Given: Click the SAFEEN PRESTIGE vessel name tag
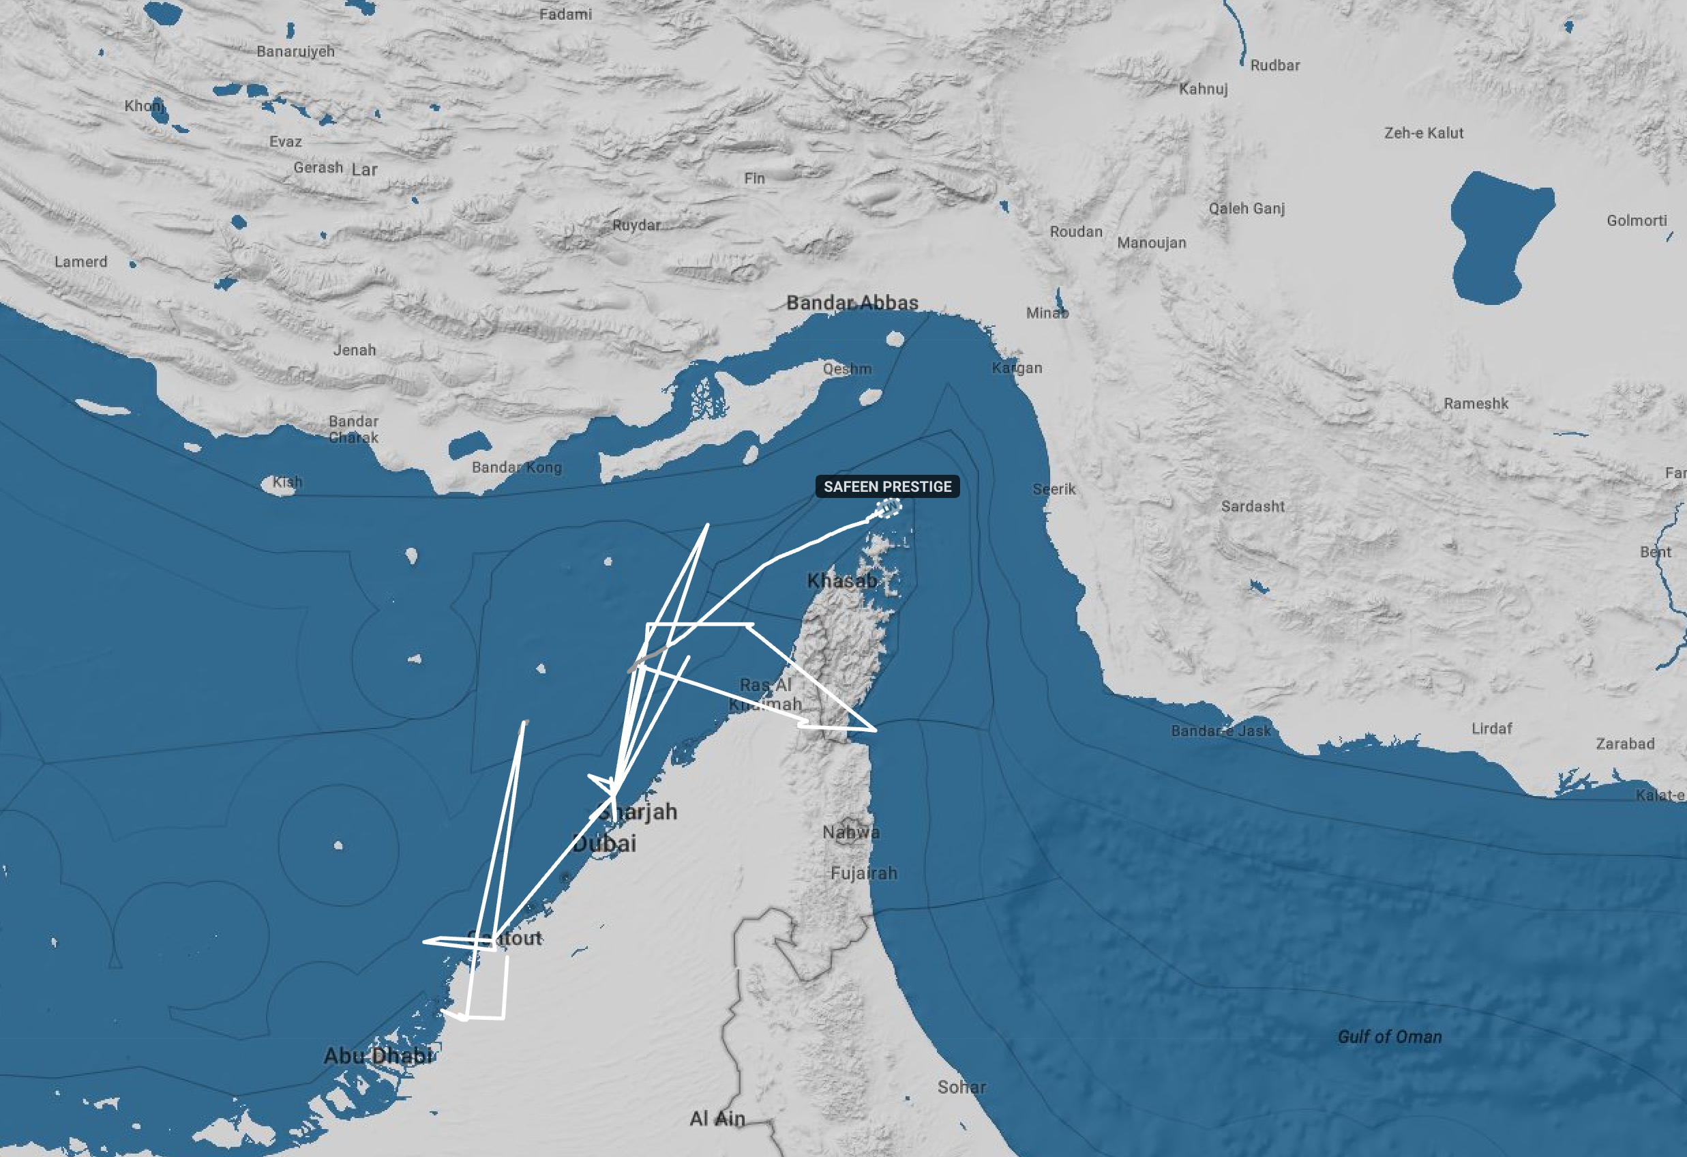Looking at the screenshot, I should [887, 486].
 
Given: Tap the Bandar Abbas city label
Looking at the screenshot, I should [852, 302].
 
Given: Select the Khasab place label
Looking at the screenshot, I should [842, 581].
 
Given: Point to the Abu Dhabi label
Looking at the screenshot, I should [378, 1055].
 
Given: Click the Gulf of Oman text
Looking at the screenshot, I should [1390, 1036].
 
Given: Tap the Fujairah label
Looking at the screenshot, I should [864, 873].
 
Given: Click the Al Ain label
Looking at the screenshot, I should [717, 1119].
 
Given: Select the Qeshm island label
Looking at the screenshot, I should [847, 369].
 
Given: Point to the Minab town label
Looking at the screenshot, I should [1047, 313].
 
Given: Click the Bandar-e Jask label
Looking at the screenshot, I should [1221, 731].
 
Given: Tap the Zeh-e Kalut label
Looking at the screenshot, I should [1424, 133].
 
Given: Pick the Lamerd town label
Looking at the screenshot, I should [80, 261].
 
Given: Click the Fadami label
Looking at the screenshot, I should [565, 14].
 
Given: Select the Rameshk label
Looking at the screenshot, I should [1476, 403].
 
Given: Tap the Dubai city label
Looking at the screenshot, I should [604, 843].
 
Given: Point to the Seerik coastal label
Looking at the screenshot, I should [1054, 489].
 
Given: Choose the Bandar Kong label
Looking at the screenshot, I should [516, 467].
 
